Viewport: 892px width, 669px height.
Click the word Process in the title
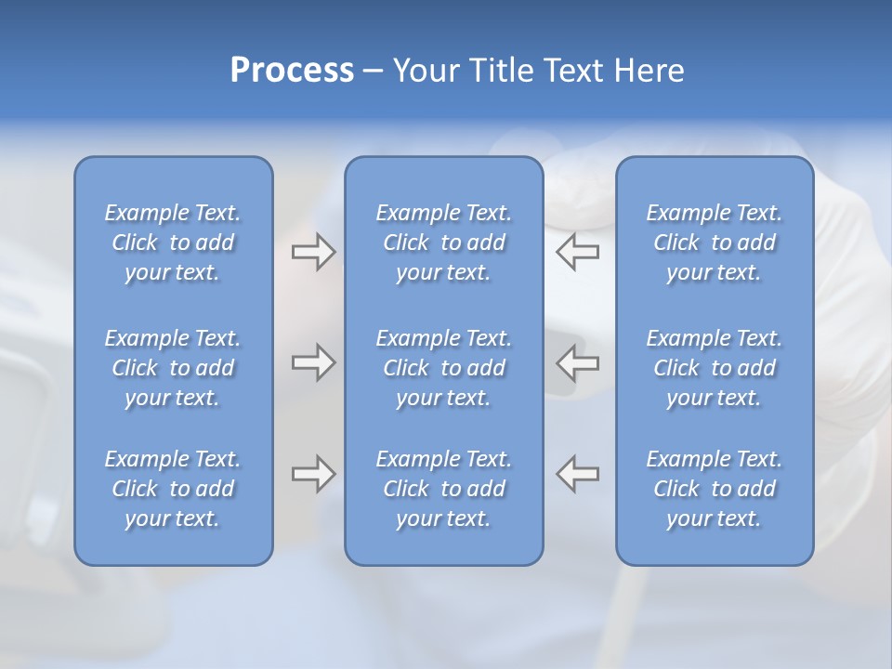point(292,71)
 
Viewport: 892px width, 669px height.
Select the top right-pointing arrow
point(313,252)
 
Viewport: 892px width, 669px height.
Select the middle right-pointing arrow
point(313,362)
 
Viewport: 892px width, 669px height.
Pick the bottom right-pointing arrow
point(313,474)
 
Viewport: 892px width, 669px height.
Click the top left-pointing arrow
point(578,252)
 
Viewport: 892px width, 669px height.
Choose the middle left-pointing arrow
point(578,362)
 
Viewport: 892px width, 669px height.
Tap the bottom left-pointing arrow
point(578,474)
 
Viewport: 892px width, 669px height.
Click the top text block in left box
point(173,243)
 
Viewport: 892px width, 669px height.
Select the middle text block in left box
point(173,368)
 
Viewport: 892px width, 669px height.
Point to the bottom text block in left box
point(173,489)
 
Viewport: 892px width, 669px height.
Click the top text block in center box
point(444,243)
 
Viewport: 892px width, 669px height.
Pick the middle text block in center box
point(444,368)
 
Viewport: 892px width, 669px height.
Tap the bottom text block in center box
point(444,489)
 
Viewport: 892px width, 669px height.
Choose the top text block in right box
point(715,243)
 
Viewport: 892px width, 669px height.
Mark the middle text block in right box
point(715,368)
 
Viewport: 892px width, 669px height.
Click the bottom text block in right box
point(715,489)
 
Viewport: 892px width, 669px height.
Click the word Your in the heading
point(426,71)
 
